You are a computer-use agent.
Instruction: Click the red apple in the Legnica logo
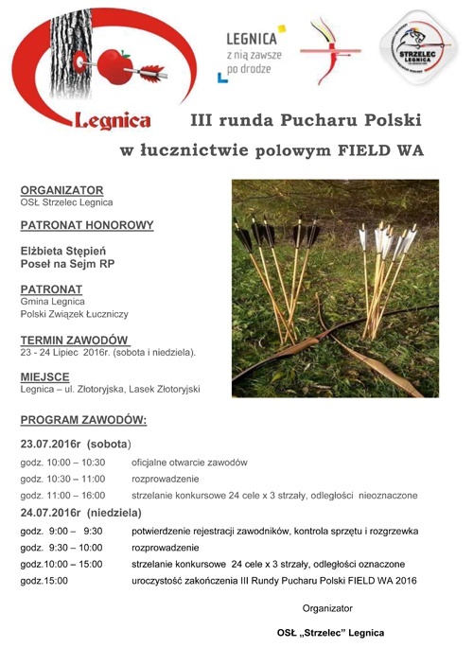point(113,66)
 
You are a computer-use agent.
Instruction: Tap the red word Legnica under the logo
point(112,121)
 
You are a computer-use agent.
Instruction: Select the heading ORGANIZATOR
point(61,190)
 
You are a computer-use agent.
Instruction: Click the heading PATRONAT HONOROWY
point(86,225)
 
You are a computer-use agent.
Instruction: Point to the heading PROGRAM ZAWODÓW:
point(83,420)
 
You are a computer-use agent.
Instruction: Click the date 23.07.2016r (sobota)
point(77,443)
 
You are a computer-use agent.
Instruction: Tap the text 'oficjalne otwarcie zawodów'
point(189,463)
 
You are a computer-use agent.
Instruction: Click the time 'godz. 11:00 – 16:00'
point(63,495)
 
